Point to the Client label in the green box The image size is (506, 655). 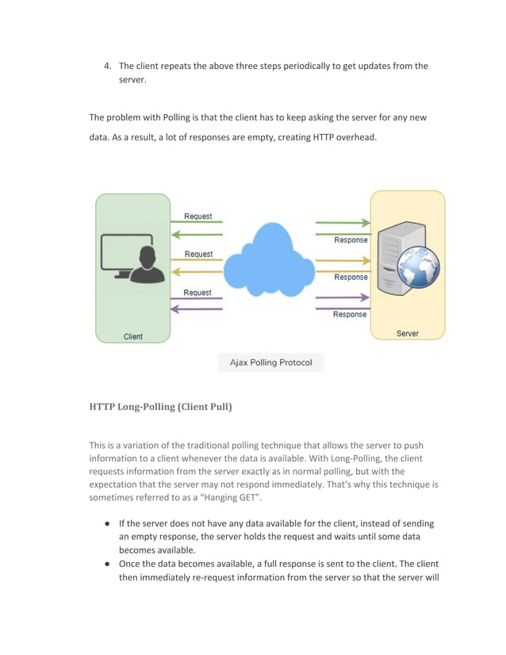(133, 336)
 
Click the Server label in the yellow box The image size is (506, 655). (408, 334)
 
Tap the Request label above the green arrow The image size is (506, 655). (198, 216)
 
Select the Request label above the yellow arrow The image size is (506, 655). (198, 254)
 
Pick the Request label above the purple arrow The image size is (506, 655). (198, 293)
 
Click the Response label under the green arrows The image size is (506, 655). (350, 240)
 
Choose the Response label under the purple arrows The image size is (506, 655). (350, 314)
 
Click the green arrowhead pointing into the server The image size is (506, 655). (366, 223)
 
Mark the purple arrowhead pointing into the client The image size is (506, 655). (174, 308)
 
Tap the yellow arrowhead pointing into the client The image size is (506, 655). (174, 271)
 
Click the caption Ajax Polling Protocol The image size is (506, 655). (270, 362)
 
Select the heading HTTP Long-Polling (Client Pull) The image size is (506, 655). (160, 407)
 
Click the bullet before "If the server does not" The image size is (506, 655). (107, 523)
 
